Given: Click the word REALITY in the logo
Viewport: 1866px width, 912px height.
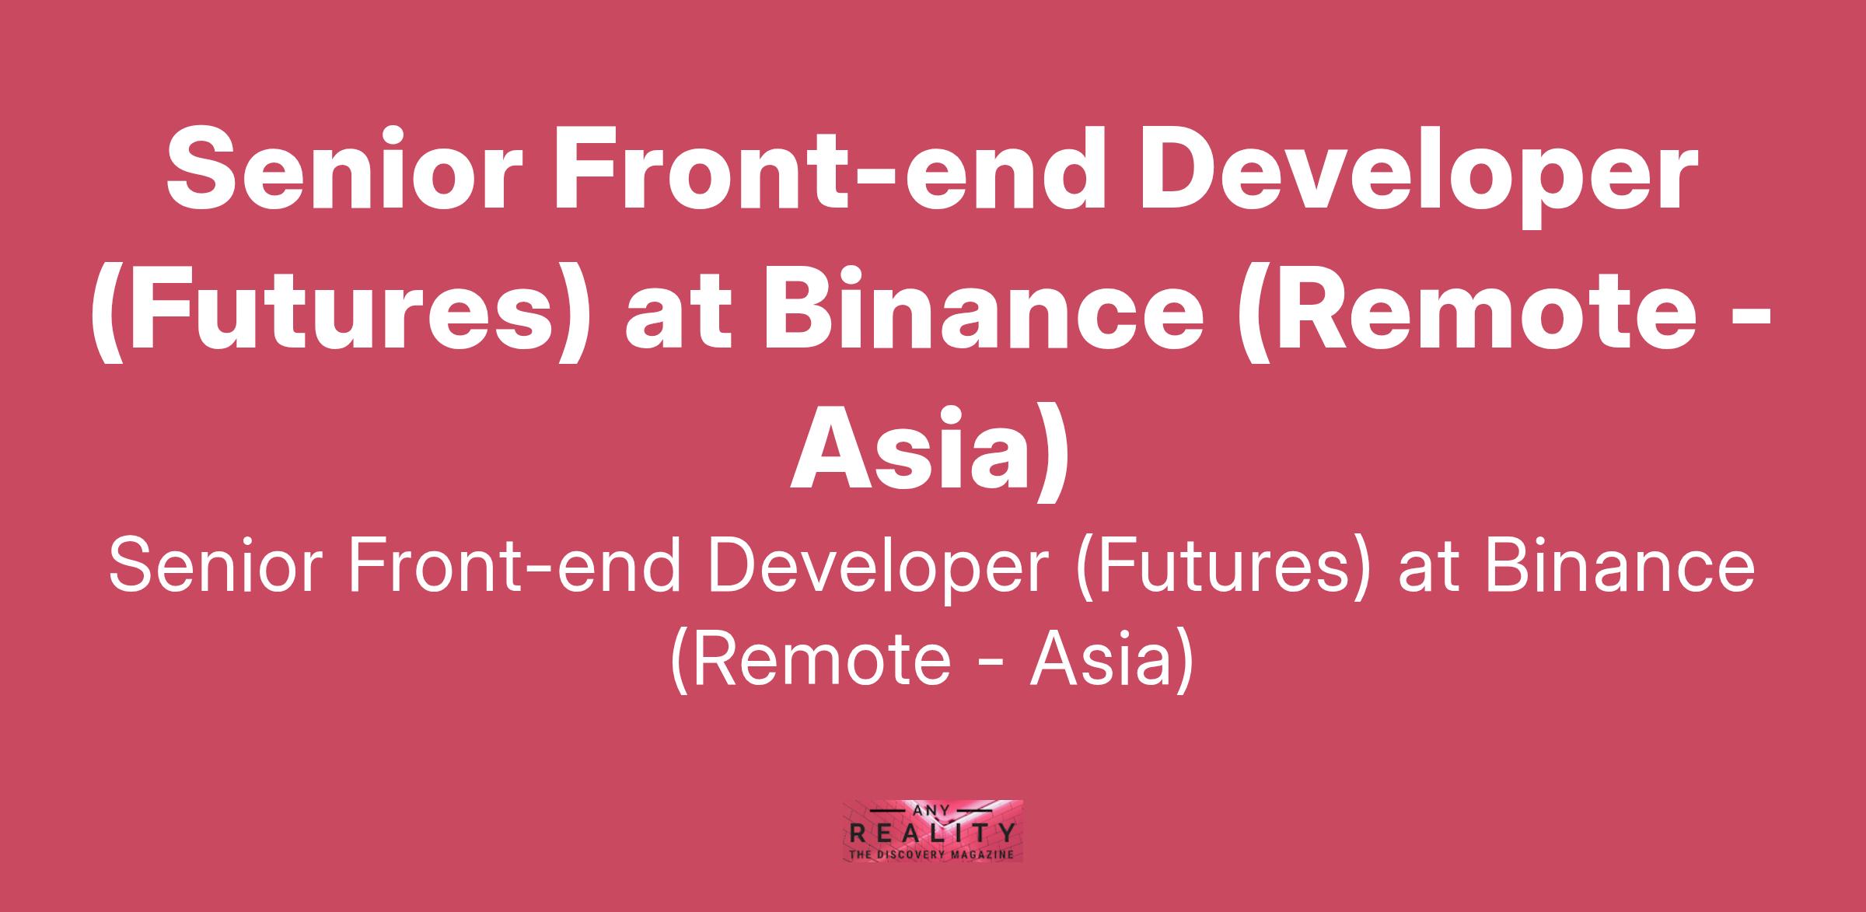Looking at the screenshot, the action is pyautogui.click(x=932, y=834).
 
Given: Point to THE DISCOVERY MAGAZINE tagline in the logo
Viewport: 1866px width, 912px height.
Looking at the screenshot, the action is pyautogui.click(x=932, y=854).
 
